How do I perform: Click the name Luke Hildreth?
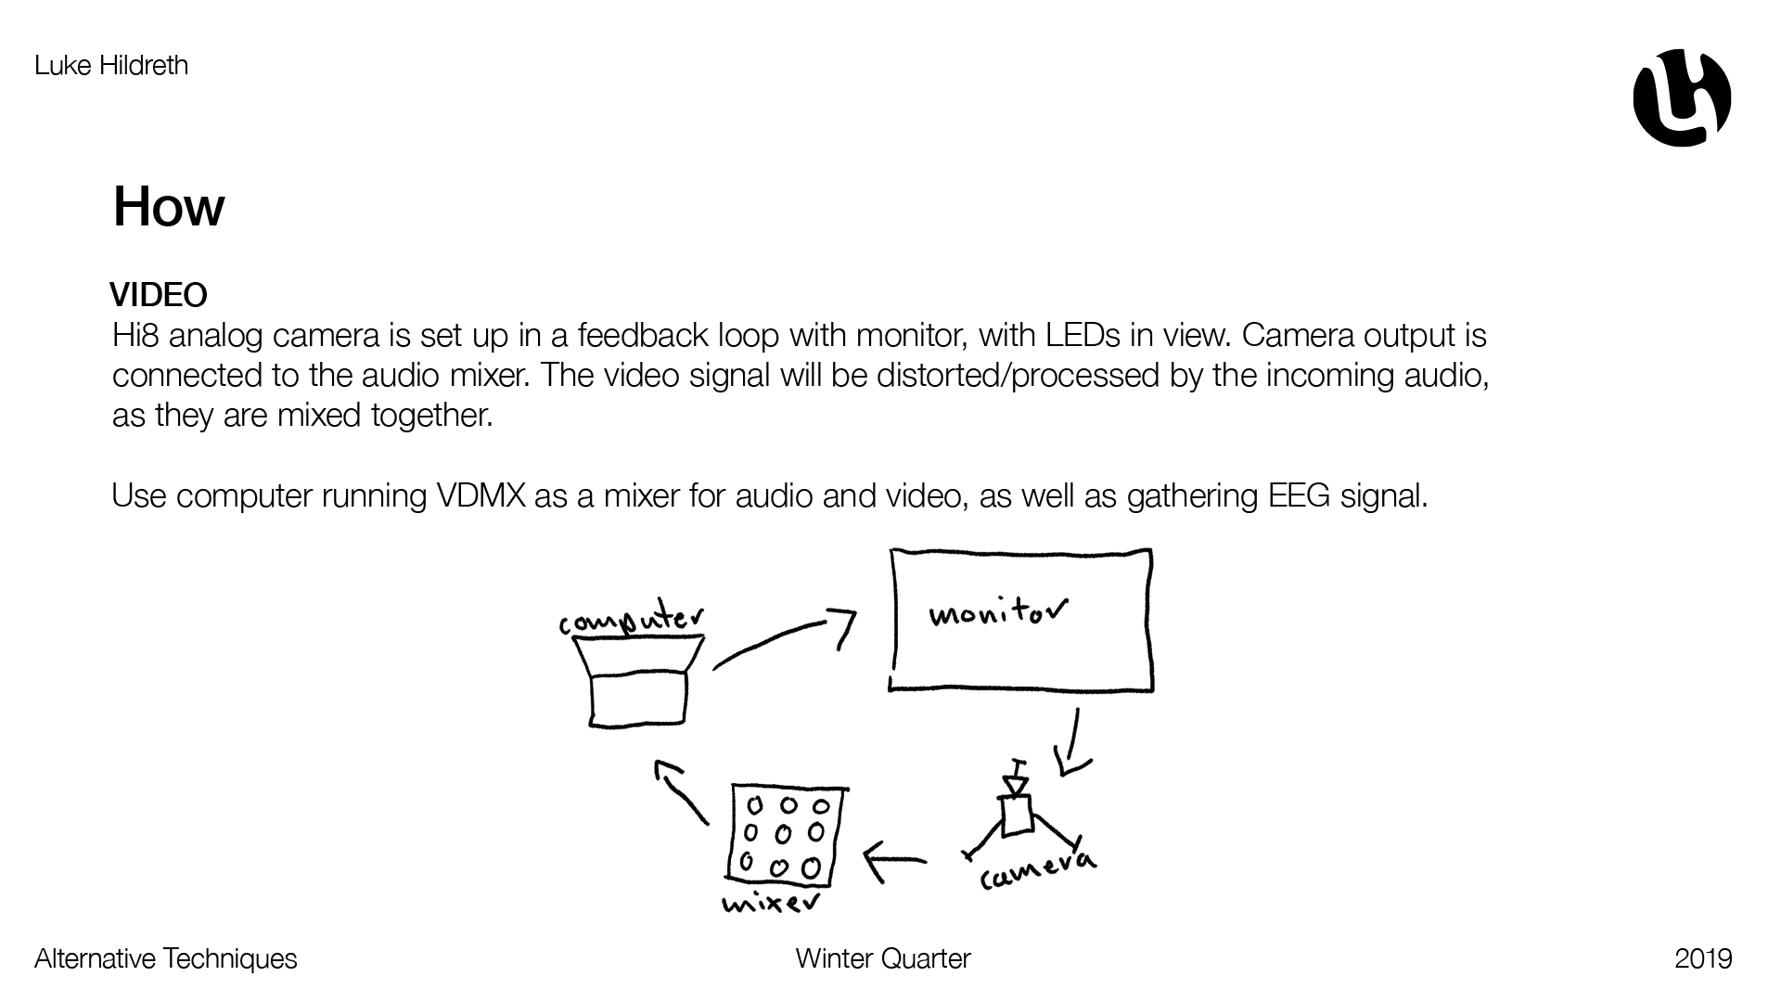(x=111, y=66)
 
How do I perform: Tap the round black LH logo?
(x=1682, y=97)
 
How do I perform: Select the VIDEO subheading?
(x=159, y=295)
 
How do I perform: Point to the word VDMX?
(x=480, y=496)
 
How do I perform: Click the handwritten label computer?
(x=631, y=620)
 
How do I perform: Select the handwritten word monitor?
(x=997, y=612)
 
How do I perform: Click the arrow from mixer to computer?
(x=681, y=790)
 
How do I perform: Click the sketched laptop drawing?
(x=638, y=681)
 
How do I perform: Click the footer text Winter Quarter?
(x=882, y=958)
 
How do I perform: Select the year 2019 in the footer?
(x=1703, y=958)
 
